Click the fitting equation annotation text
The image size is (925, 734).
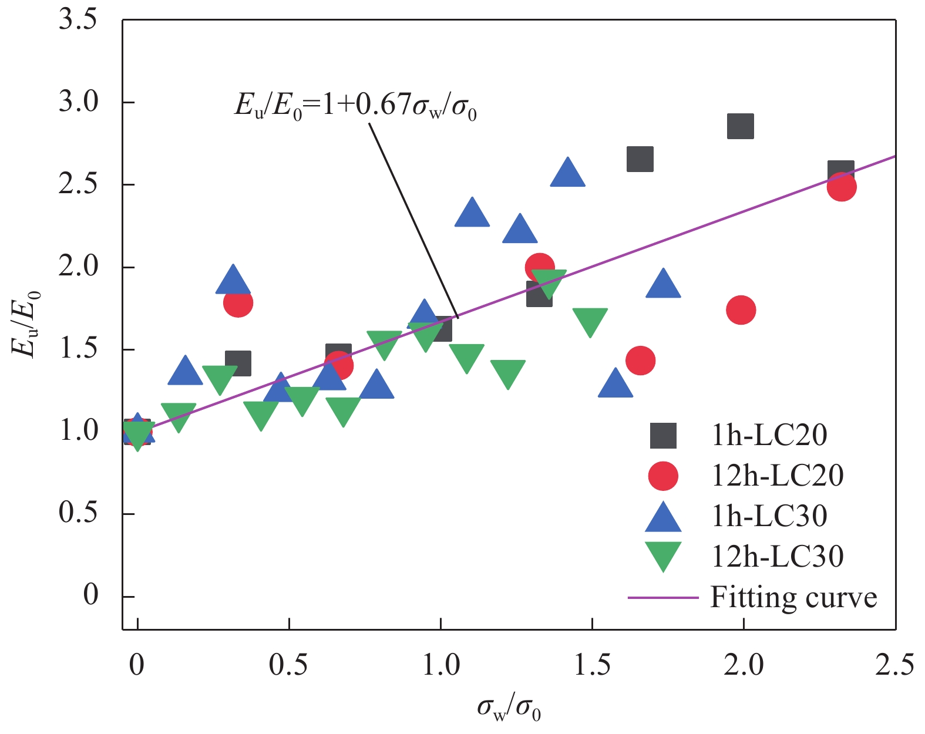(355, 106)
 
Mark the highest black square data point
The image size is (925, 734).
(741, 126)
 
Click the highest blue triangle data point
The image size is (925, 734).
(567, 173)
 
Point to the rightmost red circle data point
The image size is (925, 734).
(842, 187)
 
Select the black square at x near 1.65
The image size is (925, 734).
(640, 159)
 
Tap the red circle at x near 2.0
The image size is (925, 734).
(741, 310)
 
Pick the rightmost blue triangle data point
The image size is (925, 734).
(663, 284)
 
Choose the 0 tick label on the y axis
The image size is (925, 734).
(90, 596)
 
